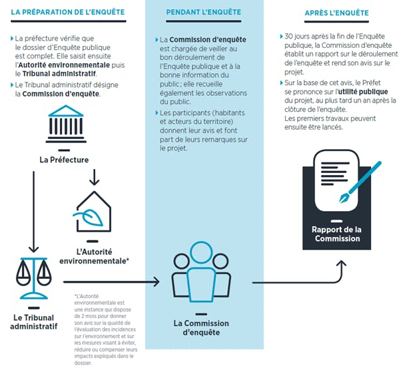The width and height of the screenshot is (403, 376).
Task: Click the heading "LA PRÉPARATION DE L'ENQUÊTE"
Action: pyautogui.click(x=68, y=12)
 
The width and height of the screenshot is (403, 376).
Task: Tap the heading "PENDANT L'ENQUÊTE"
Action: pyautogui.click(x=204, y=12)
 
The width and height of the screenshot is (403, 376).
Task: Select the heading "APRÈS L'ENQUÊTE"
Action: pyautogui.click(x=336, y=13)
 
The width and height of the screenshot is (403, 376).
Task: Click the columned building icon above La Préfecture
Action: pyautogui.click(x=66, y=124)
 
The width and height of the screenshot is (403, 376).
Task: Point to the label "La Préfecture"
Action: pyautogui.click(x=64, y=160)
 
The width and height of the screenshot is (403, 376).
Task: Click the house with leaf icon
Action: pyautogui.click(x=93, y=212)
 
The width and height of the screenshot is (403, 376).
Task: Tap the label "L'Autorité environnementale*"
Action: pyautogui.click(x=94, y=256)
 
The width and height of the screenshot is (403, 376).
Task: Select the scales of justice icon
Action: pyautogui.click(x=34, y=278)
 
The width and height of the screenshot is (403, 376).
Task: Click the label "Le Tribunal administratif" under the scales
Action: pyautogui.click(x=34, y=322)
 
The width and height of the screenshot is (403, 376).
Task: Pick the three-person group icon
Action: pyautogui.click(x=201, y=272)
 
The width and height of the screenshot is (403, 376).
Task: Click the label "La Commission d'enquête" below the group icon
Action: pyautogui.click(x=201, y=327)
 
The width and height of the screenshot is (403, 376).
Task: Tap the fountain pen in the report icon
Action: pyautogui.click(x=360, y=182)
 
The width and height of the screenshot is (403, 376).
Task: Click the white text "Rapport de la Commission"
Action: pyautogui.click(x=336, y=234)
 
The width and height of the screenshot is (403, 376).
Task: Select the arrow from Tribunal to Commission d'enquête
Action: pyautogui.click(x=111, y=282)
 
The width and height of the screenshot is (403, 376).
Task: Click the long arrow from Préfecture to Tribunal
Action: pyautogui.click(x=34, y=212)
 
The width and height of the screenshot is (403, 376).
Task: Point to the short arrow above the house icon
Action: pyautogui.click(x=95, y=177)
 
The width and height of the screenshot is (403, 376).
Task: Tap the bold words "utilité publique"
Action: pyautogui.click(x=363, y=92)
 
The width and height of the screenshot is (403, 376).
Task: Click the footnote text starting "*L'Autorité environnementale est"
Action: pyautogui.click(x=106, y=329)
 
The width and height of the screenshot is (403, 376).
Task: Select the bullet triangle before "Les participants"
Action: pyautogui.click(x=157, y=112)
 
